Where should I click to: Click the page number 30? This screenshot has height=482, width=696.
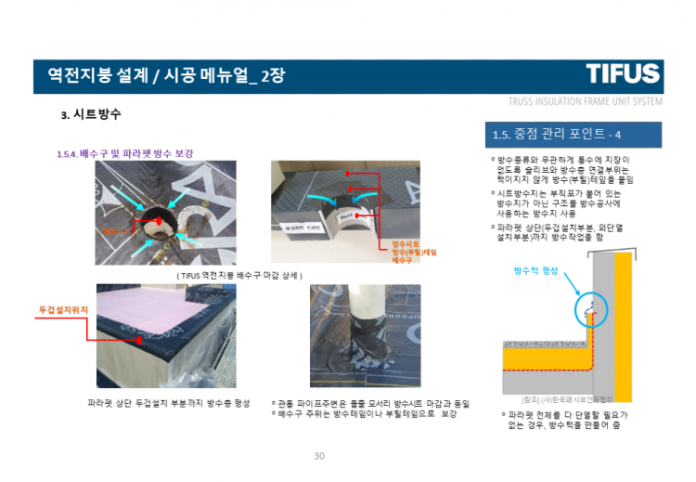320,456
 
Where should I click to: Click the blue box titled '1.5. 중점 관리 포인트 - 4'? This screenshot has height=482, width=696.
573,136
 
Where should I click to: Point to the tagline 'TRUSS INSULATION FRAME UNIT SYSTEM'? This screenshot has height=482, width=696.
585,101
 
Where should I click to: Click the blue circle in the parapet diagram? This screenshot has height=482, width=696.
588,306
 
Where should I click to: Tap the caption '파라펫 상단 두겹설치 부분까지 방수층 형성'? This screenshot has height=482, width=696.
169,403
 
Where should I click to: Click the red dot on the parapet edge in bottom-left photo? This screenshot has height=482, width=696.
140,341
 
